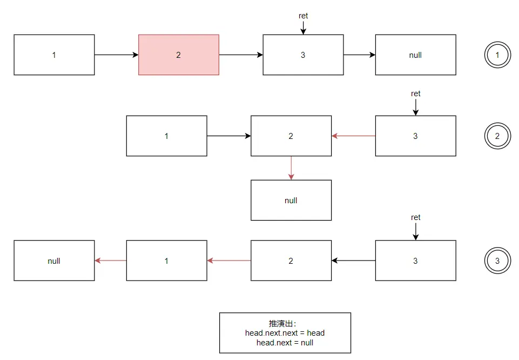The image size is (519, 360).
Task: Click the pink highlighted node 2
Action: coord(179,55)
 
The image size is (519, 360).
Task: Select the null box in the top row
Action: coord(415,55)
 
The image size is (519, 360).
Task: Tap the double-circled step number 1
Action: coord(497,55)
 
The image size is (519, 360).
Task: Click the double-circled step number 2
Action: coord(497,136)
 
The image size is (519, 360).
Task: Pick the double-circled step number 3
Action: coord(497,261)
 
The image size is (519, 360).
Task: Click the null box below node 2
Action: coord(291,200)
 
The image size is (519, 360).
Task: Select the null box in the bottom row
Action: coord(54,261)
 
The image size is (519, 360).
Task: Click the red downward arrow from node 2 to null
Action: coord(291,168)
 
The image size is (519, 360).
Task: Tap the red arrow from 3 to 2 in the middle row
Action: coord(353,136)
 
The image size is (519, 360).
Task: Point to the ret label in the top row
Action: coord(304,16)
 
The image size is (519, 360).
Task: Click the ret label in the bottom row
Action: coord(415,217)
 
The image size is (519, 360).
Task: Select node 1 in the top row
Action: coord(54,55)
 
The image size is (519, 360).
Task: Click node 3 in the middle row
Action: coord(415,136)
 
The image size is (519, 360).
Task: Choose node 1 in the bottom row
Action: coord(166,261)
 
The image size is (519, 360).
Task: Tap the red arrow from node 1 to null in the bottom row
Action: coord(111,261)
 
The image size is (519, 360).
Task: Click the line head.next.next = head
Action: coord(285,333)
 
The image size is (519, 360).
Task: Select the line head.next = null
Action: coord(285,342)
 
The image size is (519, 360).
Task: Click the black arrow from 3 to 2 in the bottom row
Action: coord(353,261)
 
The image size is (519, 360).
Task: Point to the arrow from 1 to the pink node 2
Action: coord(116,55)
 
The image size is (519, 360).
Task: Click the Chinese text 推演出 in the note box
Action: coord(279,323)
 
